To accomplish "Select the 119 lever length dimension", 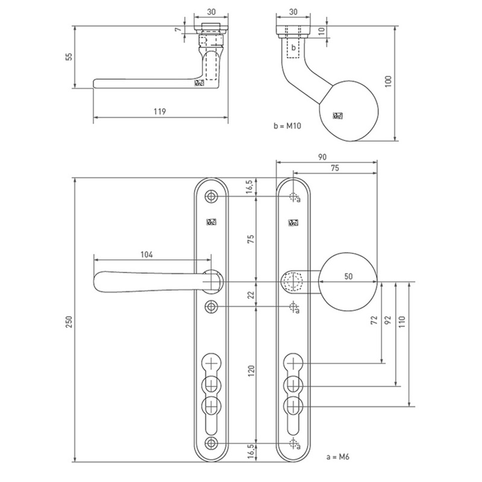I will click(x=159, y=112).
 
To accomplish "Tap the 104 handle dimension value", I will click(x=146, y=255).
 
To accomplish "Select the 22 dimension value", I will click(x=250, y=295).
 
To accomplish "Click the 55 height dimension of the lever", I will click(x=69, y=57).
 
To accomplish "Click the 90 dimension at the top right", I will click(x=323, y=157).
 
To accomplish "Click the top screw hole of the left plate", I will click(x=211, y=197).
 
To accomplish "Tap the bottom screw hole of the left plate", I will click(x=211, y=443).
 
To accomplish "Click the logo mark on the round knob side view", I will click(x=338, y=116).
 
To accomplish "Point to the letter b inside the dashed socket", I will click(x=293, y=48).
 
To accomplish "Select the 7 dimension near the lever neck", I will click(x=176, y=30).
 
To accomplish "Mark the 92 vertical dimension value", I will click(x=389, y=321).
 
